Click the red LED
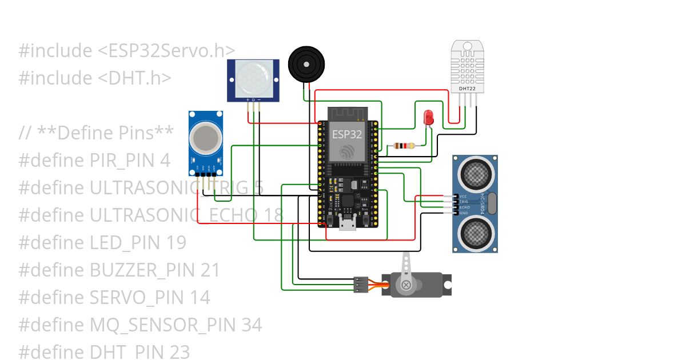pos(428,118)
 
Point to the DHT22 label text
pos(467,89)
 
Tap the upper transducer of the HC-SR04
pos(476,174)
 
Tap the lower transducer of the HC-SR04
pos(476,232)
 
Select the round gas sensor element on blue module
pos(205,137)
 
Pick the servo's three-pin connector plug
pos(360,284)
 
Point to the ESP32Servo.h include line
pos(127,51)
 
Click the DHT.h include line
pos(95,78)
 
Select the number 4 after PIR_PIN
pos(165,161)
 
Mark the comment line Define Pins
pos(96,133)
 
